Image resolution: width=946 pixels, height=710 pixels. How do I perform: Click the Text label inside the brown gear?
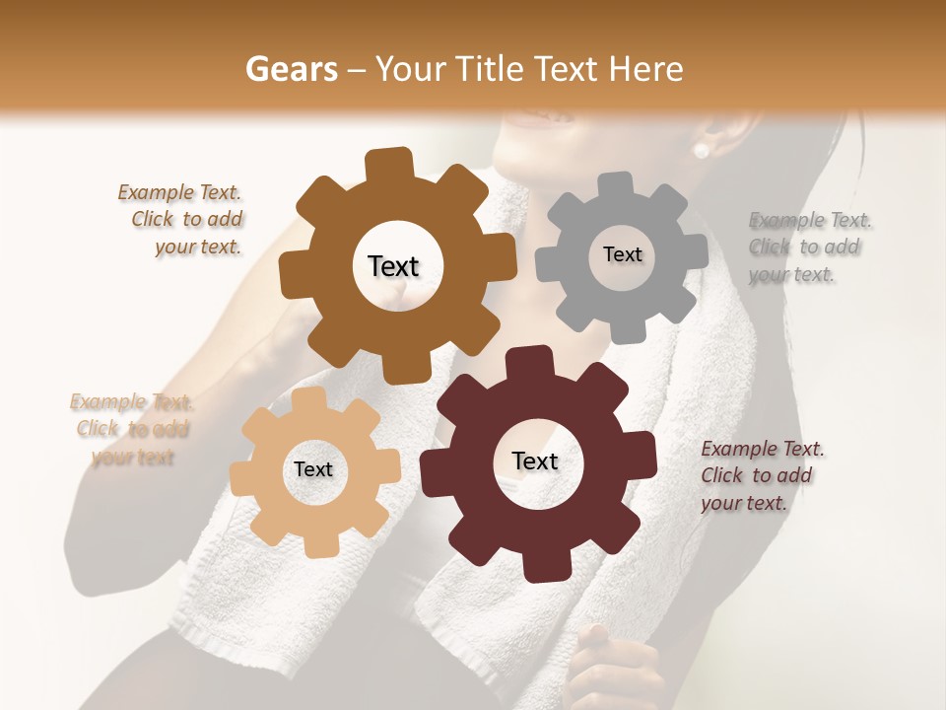click(x=393, y=266)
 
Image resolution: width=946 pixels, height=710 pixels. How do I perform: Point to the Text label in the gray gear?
click(x=622, y=254)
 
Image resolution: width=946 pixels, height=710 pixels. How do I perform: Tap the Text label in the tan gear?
click(x=313, y=469)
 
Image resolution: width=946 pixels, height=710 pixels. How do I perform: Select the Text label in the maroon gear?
click(x=535, y=461)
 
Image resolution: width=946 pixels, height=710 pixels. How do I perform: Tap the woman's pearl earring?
click(x=701, y=150)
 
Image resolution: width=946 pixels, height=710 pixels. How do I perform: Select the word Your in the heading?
click(x=404, y=69)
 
